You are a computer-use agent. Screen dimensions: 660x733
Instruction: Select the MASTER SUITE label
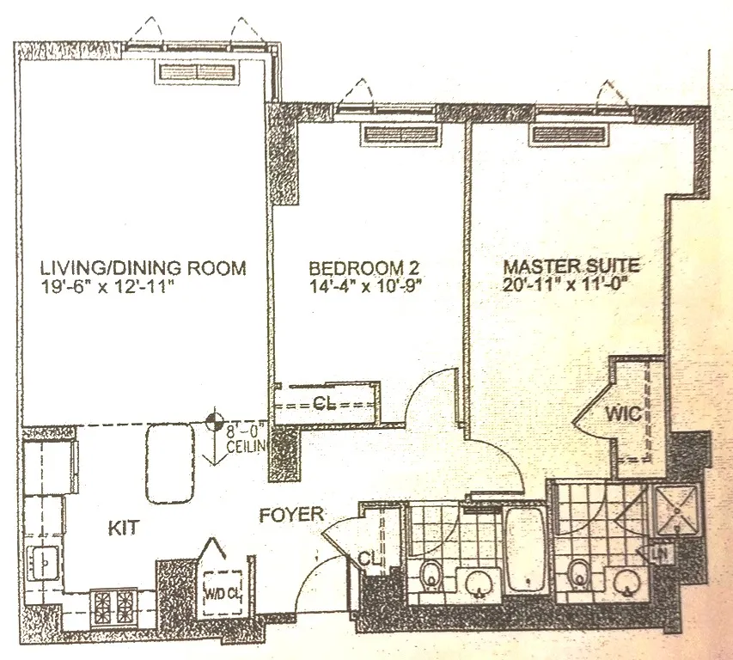point(571,266)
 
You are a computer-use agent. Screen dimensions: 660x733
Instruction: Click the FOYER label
point(292,516)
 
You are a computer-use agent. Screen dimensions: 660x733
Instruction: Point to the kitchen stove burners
point(113,600)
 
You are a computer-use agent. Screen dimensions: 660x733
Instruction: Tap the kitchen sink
point(41,563)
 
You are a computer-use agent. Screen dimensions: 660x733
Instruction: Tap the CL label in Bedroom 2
point(323,405)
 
